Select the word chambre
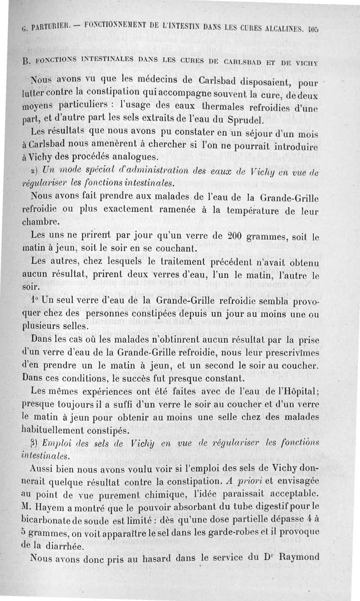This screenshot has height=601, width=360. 40,222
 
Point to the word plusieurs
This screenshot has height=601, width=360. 40,326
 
